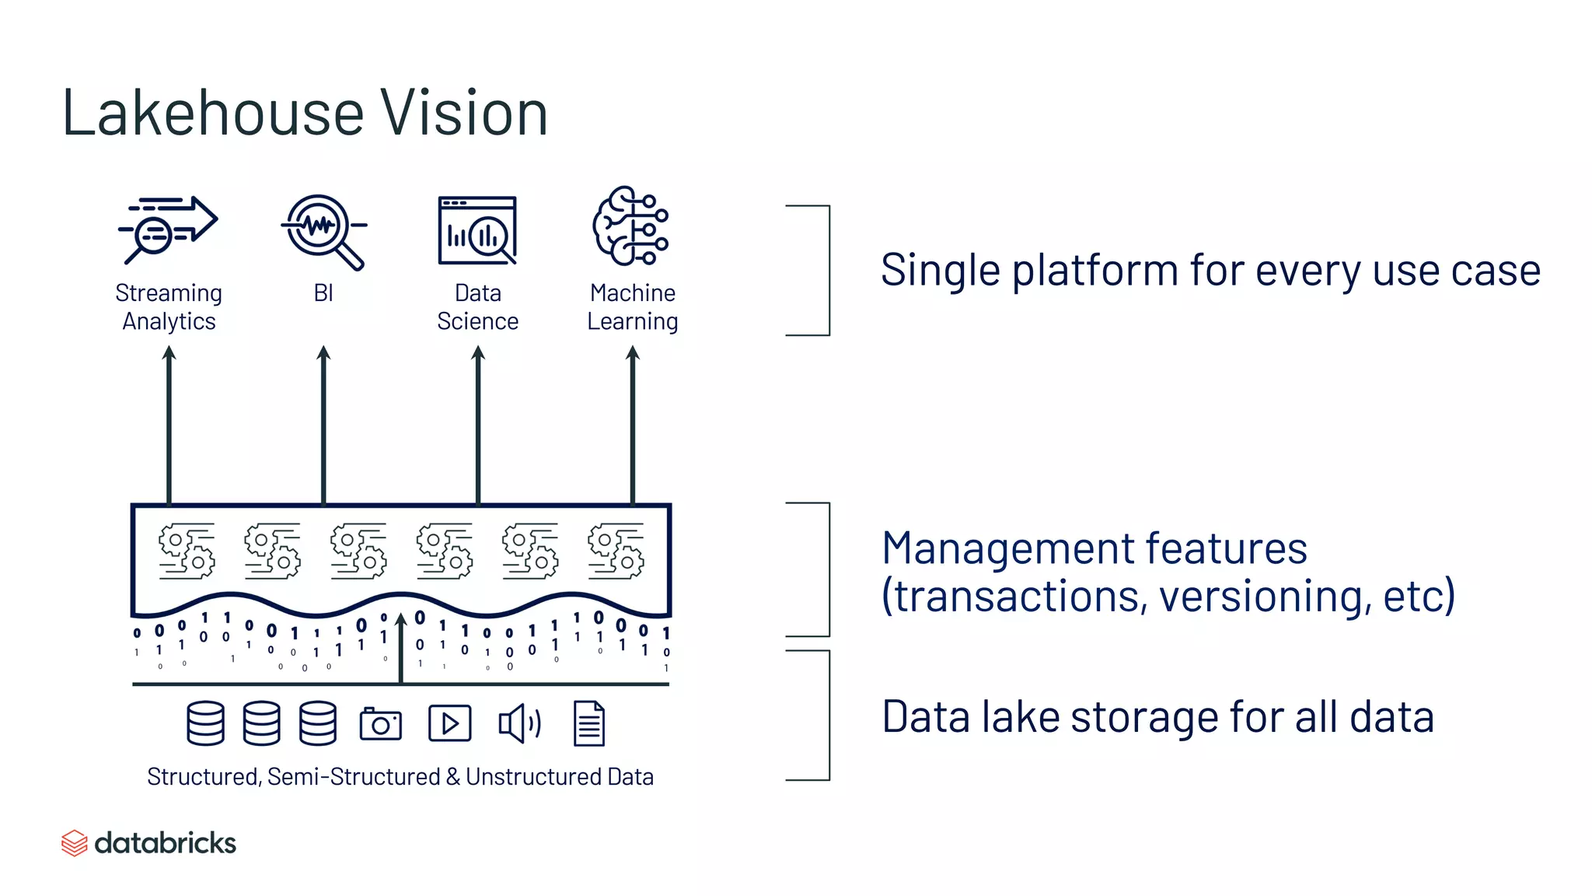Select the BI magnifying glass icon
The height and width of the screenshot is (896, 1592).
pos(323,230)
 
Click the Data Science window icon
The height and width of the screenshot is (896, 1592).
pos(477,231)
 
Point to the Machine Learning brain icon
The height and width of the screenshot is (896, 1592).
pos(630,226)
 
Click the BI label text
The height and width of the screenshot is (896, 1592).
pos(323,293)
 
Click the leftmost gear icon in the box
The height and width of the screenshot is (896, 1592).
pos(187,551)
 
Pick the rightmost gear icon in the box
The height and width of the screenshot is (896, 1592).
pos(616,551)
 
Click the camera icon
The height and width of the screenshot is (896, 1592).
pos(381,724)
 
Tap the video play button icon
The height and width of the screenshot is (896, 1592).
pos(450,724)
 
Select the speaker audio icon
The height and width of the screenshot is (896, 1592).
pos(519,724)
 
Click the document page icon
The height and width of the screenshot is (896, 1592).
pos(589,724)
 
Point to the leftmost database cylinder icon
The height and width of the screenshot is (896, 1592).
pos(206,724)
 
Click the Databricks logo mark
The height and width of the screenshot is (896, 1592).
pos(75,843)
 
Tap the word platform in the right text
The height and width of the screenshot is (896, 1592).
pos(1095,271)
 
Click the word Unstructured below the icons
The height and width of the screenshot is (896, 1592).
pos(533,777)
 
